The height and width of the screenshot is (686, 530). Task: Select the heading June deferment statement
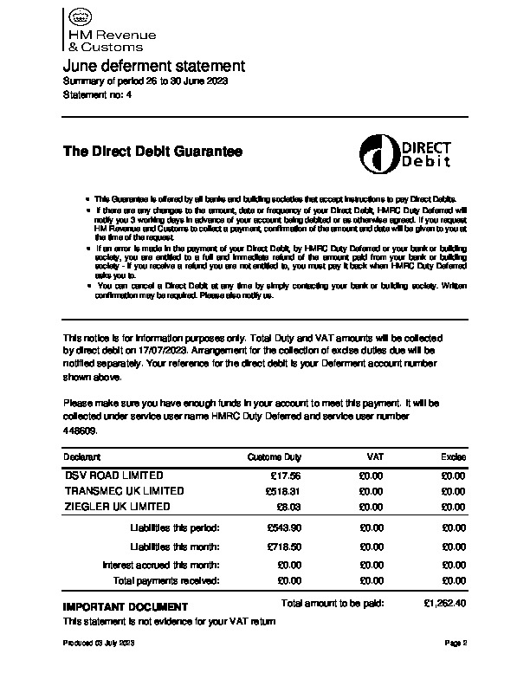(x=154, y=67)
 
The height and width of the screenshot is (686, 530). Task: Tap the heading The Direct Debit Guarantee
(x=152, y=152)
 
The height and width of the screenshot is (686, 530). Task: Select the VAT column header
(x=375, y=456)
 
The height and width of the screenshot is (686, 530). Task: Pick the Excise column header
(x=453, y=456)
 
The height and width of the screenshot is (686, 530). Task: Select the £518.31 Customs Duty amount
(x=282, y=491)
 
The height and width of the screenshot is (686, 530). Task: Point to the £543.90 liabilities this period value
(x=282, y=527)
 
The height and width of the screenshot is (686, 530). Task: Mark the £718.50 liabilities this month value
(x=282, y=547)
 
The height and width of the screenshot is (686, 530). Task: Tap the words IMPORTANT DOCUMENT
(x=125, y=606)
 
